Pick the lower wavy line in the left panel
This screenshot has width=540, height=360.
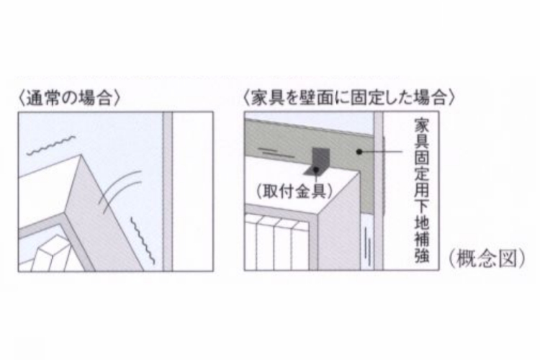[142, 238]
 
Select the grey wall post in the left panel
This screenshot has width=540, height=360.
[167, 191]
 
